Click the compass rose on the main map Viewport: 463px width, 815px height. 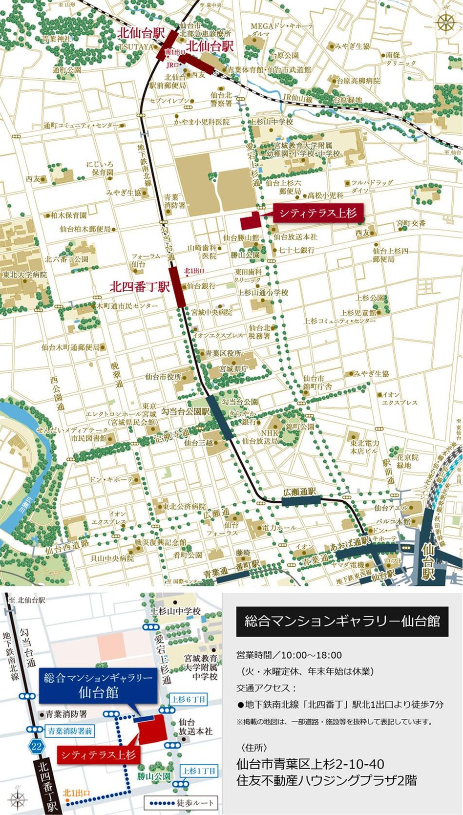446,22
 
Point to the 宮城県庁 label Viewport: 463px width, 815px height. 233,369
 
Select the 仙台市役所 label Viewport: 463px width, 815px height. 163,377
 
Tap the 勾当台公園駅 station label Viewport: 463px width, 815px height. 186,411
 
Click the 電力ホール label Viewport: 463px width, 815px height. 279,528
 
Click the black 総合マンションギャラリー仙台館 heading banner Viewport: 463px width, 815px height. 342,621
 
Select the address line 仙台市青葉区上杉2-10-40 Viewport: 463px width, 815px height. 310,764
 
